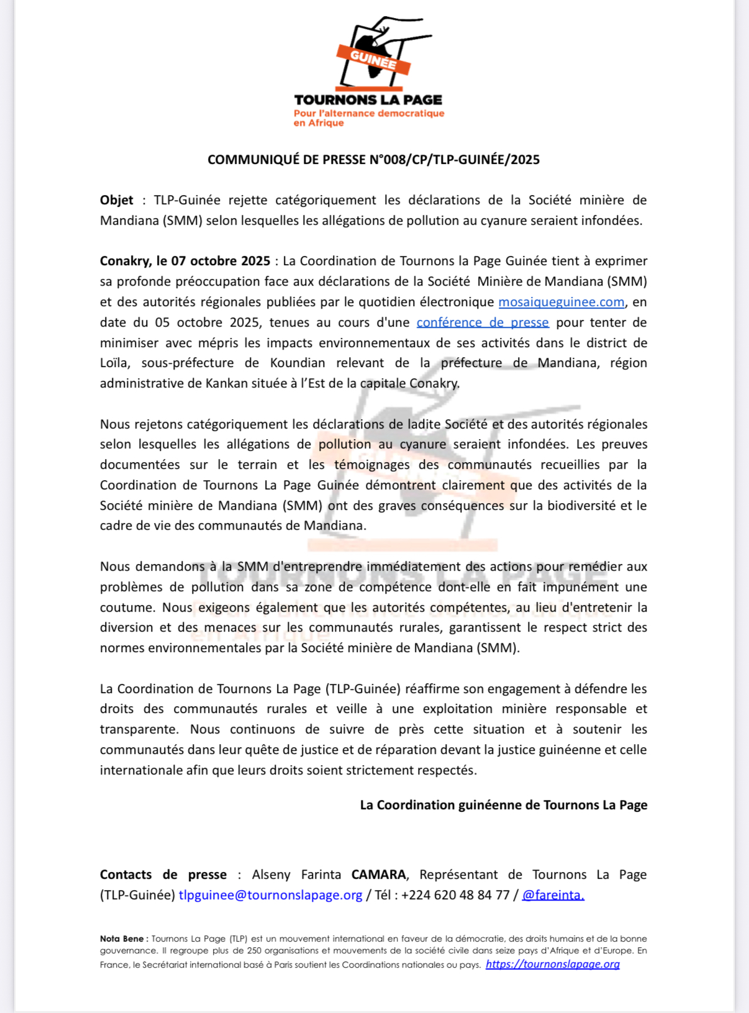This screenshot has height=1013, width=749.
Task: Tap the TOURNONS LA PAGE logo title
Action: pos(368,100)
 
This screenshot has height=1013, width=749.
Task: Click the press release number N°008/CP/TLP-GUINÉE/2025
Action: pos(455,160)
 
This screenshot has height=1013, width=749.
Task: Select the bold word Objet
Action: pos(117,200)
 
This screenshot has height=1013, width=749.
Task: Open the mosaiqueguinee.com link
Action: pos(561,302)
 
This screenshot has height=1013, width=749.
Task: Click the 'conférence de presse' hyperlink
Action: pos(483,322)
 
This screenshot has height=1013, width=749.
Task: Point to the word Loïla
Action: pos(114,363)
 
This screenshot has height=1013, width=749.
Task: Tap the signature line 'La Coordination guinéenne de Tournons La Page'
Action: pos(504,805)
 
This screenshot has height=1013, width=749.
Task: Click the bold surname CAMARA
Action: pos(379,874)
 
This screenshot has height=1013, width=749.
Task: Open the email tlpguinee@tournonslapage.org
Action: pos(270,895)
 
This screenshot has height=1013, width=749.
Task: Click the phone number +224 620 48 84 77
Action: pos(455,895)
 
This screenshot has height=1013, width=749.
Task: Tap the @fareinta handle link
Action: pos(553,895)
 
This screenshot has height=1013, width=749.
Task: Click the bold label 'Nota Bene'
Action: pos(122,938)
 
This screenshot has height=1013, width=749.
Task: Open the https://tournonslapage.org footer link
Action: pos(553,964)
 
